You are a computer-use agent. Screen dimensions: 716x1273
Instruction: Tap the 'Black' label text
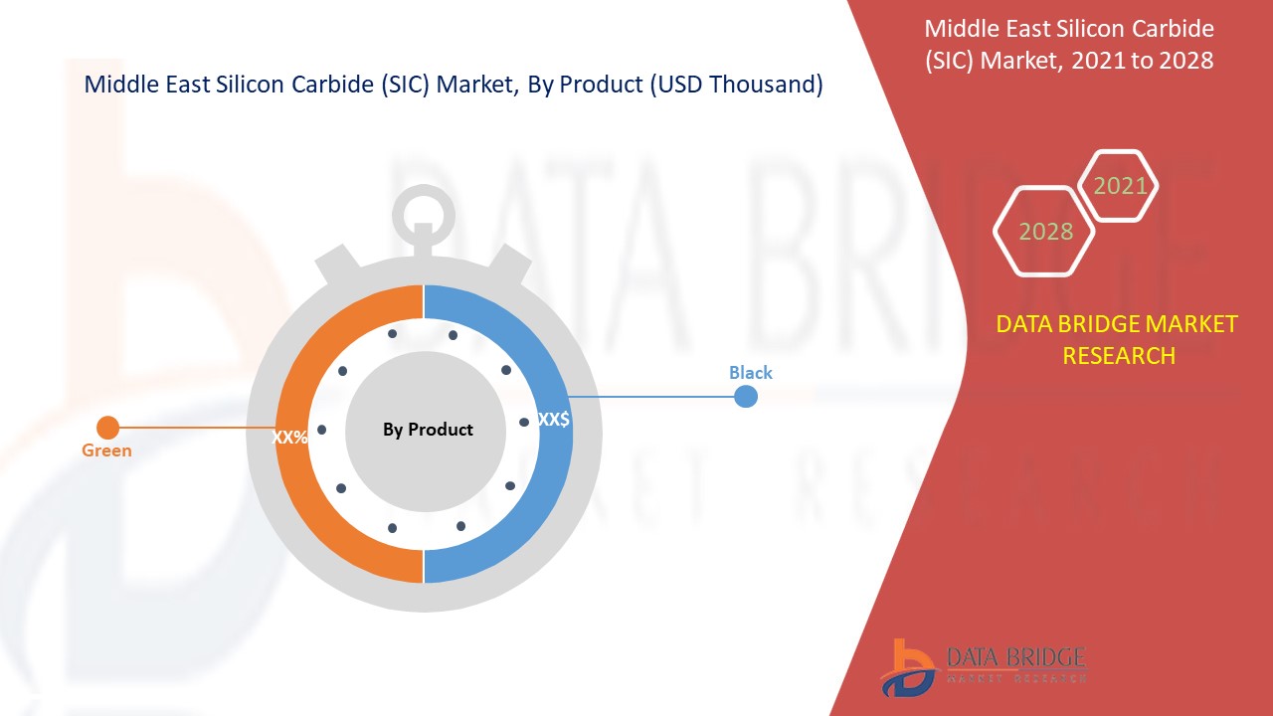click(750, 373)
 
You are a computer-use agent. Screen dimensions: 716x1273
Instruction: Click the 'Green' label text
click(106, 450)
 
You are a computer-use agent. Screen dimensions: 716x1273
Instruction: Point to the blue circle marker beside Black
click(745, 397)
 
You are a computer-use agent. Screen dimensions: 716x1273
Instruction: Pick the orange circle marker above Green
click(107, 428)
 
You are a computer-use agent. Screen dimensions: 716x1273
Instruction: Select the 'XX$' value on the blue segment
click(553, 420)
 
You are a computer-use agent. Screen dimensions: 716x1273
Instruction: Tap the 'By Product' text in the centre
click(428, 430)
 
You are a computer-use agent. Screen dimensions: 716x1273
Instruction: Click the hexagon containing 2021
click(1120, 186)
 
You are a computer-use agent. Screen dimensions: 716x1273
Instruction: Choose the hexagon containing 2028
click(1045, 232)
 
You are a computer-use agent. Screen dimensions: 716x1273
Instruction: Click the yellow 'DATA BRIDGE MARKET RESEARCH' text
click(1118, 339)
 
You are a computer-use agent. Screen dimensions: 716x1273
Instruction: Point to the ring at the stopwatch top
click(424, 210)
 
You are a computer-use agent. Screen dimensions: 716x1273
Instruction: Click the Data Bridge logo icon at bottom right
click(906, 667)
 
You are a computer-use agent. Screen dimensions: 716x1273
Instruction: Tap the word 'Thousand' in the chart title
click(769, 86)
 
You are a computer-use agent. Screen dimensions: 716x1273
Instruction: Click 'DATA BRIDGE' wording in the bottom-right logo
click(1014, 656)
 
